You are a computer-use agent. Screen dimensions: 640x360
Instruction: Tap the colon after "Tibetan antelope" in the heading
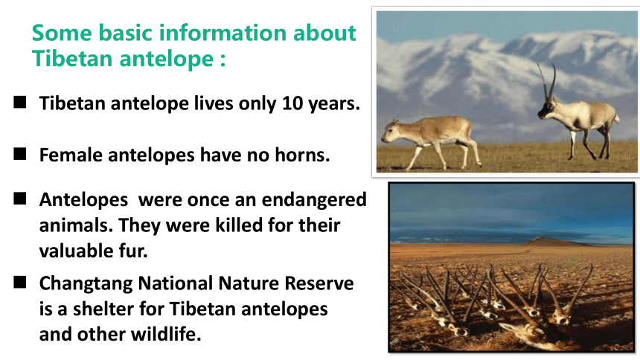pos(223,60)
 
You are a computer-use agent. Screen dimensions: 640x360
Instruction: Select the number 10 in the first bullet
pos(292,103)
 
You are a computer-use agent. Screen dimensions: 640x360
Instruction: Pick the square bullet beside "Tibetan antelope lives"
pos(20,102)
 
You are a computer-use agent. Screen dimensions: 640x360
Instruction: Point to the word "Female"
pos(71,155)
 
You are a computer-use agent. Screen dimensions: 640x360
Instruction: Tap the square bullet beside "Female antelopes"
pos(20,154)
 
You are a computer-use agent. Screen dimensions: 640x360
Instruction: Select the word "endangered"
pos(314,200)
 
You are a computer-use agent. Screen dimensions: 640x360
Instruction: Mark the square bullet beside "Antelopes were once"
pos(20,199)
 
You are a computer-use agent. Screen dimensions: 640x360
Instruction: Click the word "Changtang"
pos(86,283)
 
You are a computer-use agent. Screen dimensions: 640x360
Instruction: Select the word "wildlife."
pos(166,334)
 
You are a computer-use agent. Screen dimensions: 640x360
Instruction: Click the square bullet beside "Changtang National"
pos(20,282)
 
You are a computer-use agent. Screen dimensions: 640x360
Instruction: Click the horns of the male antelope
pos(547,82)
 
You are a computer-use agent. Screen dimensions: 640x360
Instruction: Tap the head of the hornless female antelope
pos(390,132)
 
